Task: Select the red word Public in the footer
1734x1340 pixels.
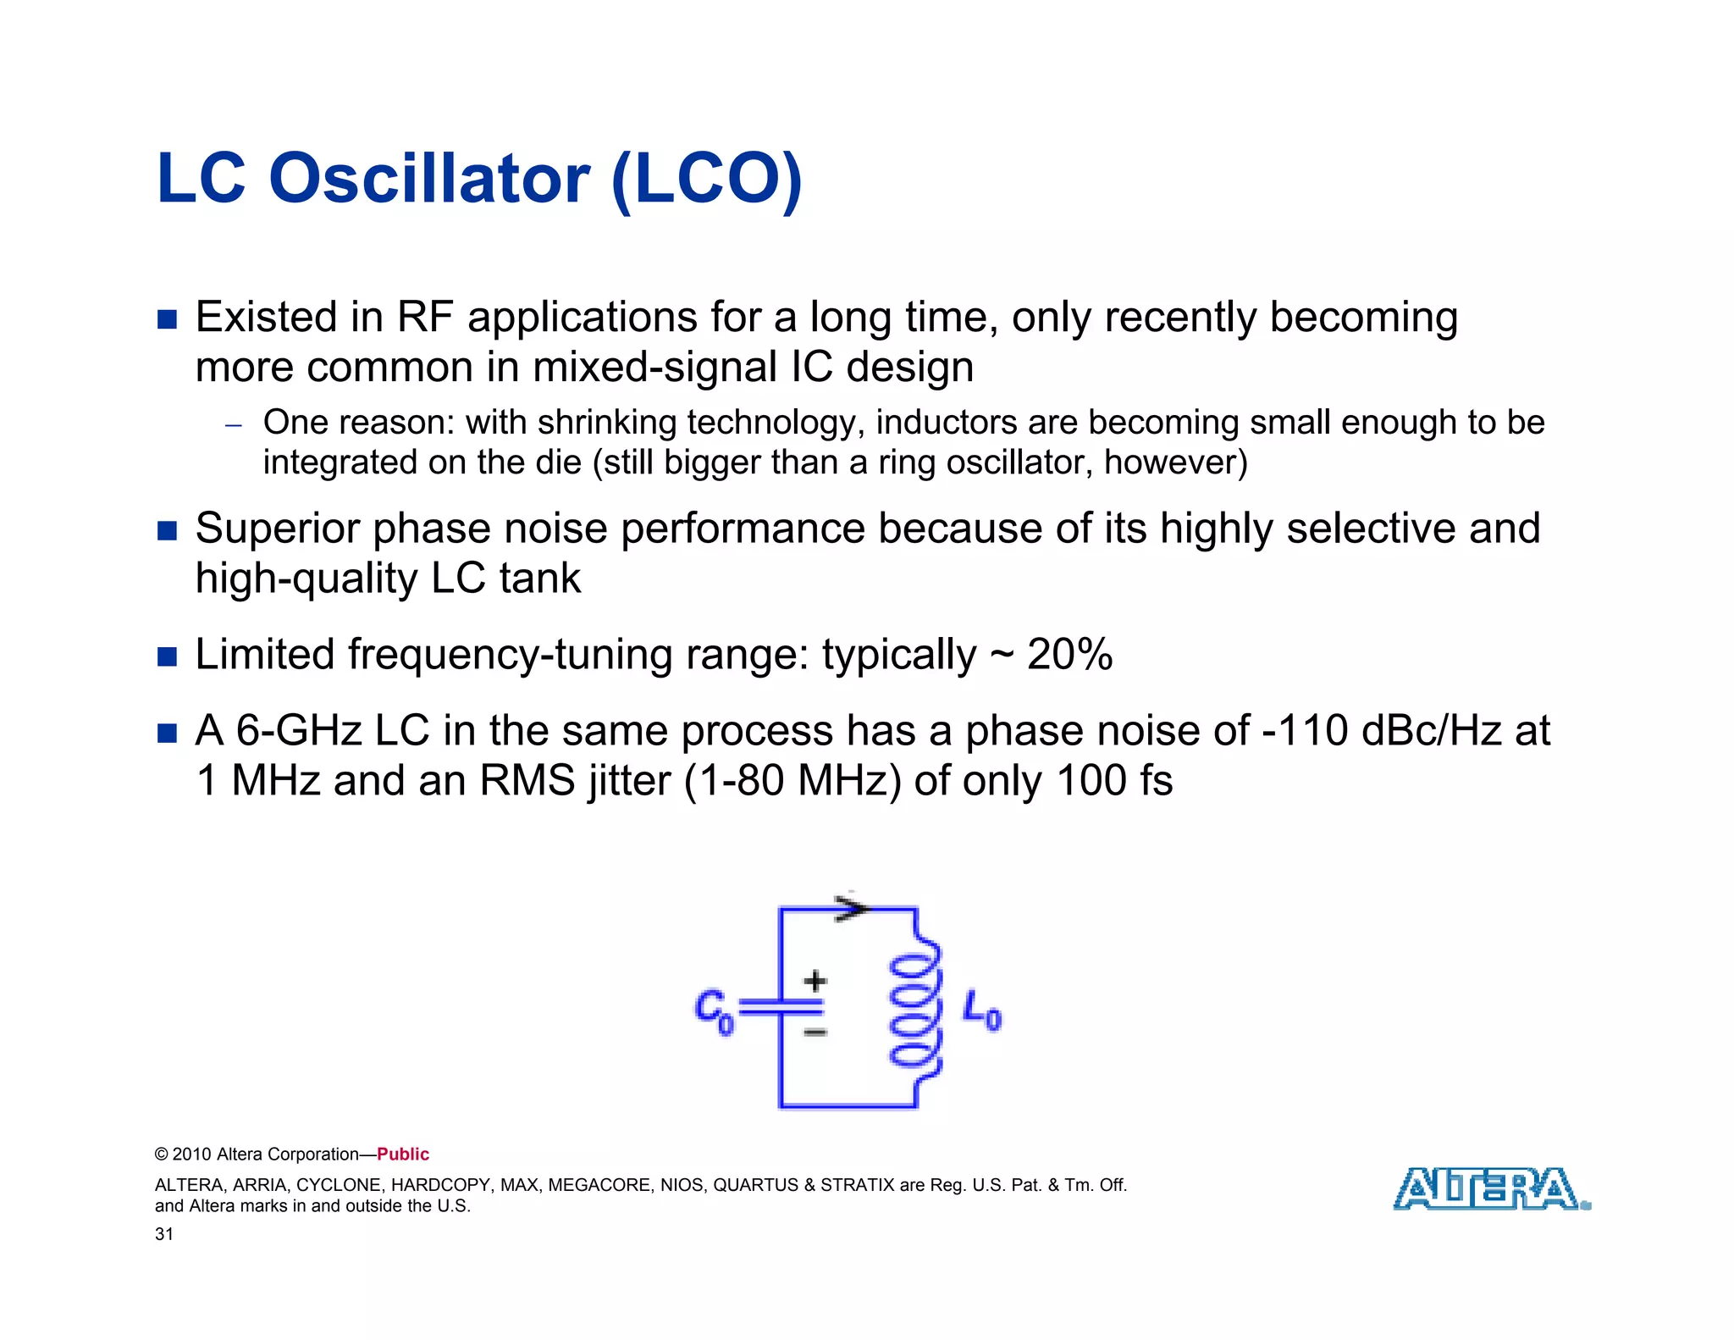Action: click(403, 1155)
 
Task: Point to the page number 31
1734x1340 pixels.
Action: click(164, 1234)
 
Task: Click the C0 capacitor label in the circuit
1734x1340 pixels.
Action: click(713, 1012)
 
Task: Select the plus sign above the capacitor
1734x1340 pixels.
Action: click(815, 981)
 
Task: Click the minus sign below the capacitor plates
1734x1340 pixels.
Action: click(815, 1033)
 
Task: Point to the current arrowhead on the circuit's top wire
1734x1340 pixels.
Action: click(851, 908)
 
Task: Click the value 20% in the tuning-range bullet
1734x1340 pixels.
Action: click(1069, 655)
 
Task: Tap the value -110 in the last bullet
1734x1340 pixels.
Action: click(1305, 730)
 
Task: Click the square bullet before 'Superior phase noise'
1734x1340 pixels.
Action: click(168, 531)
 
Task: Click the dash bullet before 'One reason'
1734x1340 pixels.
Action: click(234, 425)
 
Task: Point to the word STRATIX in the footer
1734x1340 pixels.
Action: click(857, 1185)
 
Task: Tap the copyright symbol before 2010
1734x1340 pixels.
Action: click(162, 1155)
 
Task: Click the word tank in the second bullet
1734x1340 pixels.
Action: click(539, 579)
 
